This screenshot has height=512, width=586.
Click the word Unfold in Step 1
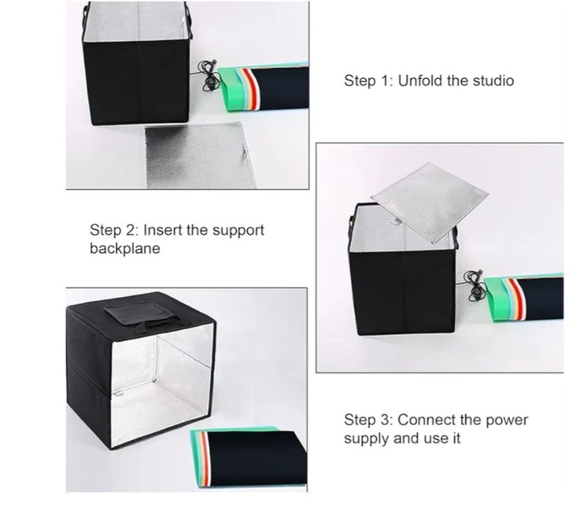pyautogui.click(x=420, y=80)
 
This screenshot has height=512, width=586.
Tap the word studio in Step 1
pyautogui.click(x=492, y=80)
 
